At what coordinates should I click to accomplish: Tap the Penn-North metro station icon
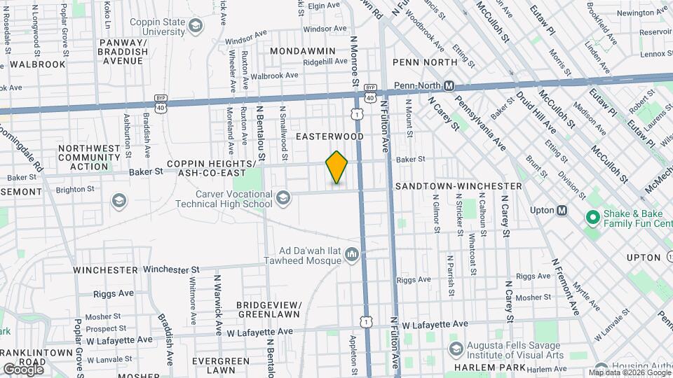(450, 86)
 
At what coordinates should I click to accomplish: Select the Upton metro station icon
(562, 210)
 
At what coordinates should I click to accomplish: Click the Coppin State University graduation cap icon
(196, 27)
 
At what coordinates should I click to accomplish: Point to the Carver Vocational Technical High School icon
(283, 198)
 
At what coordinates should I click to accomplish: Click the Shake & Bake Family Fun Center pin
(592, 218)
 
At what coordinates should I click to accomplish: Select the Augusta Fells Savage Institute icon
(456, 349)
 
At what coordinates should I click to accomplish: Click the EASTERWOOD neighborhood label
(329, 136)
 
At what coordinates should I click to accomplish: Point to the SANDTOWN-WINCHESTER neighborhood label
(458, 186)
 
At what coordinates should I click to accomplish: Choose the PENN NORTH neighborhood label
(421, 62)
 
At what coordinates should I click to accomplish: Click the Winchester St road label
(172, 269)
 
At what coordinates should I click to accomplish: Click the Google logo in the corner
(23, 369)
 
